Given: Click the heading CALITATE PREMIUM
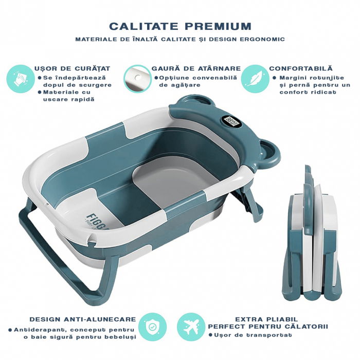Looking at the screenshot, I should click(x=180, y=26).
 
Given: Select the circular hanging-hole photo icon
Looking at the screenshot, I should click(x=137, y=78).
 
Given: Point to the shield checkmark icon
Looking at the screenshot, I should click(x=153, y=326).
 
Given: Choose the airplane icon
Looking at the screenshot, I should click(x=191, y=326).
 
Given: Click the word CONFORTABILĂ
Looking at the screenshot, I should click(x=301, y=68).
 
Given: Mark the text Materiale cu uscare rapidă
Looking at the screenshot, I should click(x=68, y=96).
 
